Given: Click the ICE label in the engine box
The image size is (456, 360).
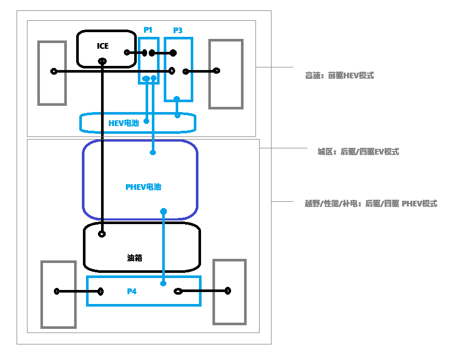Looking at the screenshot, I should [x=103, y=46].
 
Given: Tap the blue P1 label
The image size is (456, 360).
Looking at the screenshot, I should [x=148, y=31].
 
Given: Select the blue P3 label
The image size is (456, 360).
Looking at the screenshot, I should [x=178, y=31].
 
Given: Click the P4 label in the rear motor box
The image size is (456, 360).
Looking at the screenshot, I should [x=132, y=292].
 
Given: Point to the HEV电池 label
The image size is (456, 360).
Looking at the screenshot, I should [x=123, y=123].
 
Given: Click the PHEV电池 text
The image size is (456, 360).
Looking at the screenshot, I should [x=143, y=187].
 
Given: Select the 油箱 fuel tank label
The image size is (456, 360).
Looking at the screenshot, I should [x=135, y=257].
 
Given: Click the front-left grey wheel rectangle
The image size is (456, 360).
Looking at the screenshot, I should [x=52, y=73].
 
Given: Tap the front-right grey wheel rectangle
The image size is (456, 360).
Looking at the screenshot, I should [x=226, y=74].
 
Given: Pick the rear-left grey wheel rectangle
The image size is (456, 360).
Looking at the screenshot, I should [x=59, y=294].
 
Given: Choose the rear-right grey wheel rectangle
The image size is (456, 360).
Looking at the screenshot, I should [x=229, y=293].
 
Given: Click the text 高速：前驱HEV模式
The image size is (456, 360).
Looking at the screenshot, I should [x=339, y=76].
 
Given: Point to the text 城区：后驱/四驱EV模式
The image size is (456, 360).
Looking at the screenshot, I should [x=358, y=152].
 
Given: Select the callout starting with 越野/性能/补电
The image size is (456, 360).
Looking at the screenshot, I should [x=370, y=204].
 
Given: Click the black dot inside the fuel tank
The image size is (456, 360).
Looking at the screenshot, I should [x=102, y=234].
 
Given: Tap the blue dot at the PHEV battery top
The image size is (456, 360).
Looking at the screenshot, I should [x=153, y=153].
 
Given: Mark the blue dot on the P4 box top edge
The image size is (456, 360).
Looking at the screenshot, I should [x=164, y=283].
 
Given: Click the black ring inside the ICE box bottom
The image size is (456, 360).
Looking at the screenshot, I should [x=103, y=62].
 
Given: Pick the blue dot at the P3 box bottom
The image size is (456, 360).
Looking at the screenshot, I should [x=177, y=99].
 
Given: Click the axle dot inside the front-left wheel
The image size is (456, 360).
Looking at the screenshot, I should [x=53, y=72].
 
